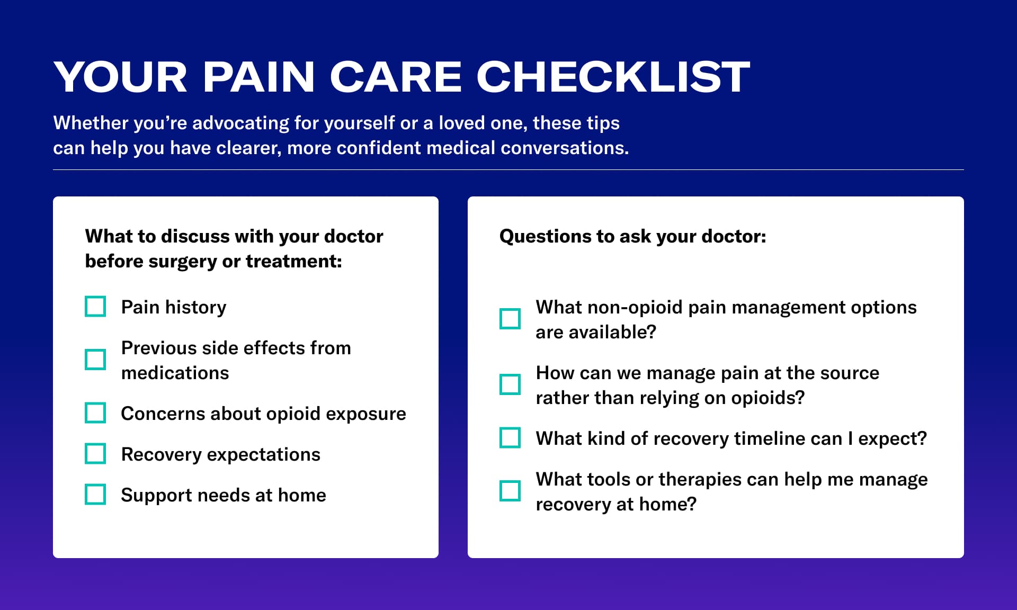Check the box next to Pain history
pos(95,307)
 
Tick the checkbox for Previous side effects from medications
pos(95,360)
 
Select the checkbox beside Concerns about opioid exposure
pos(95,413)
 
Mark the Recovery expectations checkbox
pos(95,454)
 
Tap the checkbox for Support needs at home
pos(95,495)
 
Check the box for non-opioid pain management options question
pos(510,319)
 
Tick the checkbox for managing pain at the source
pos(510,385)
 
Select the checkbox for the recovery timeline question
pos(510,438)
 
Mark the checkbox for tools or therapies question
pos(510,491)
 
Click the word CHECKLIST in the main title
pos(613,77)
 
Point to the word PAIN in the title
pos(259,77)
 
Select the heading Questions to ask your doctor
pos(632,236)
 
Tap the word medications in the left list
pos(175,373)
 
